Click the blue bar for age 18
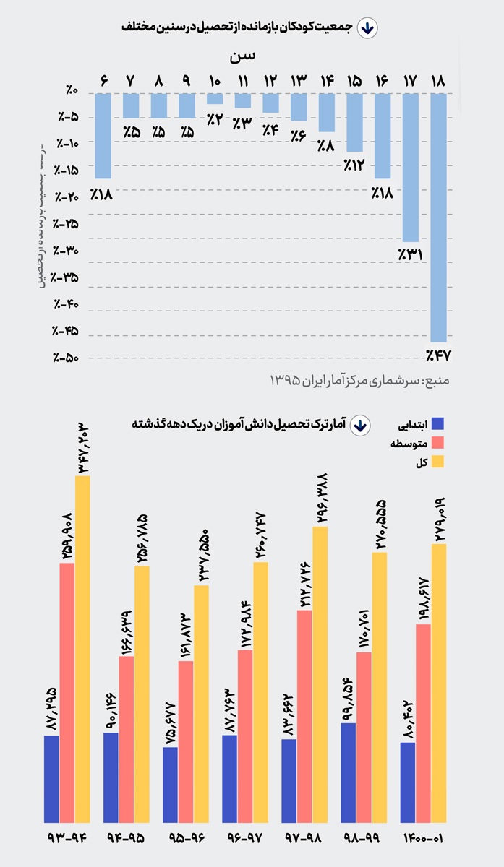(x=437, y=217)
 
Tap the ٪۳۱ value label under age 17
(x=409, y=254)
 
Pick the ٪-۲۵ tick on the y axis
(x=67, y=225)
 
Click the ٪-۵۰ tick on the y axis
(x=67, y=358)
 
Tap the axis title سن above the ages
(x=243, y=56)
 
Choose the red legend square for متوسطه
(x=437, y=443)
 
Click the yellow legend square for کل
(x=437, y=462)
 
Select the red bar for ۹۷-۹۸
(x=304, y=716)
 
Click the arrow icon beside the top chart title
(x=367, y=27)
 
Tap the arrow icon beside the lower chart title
(x=359, y=425)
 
